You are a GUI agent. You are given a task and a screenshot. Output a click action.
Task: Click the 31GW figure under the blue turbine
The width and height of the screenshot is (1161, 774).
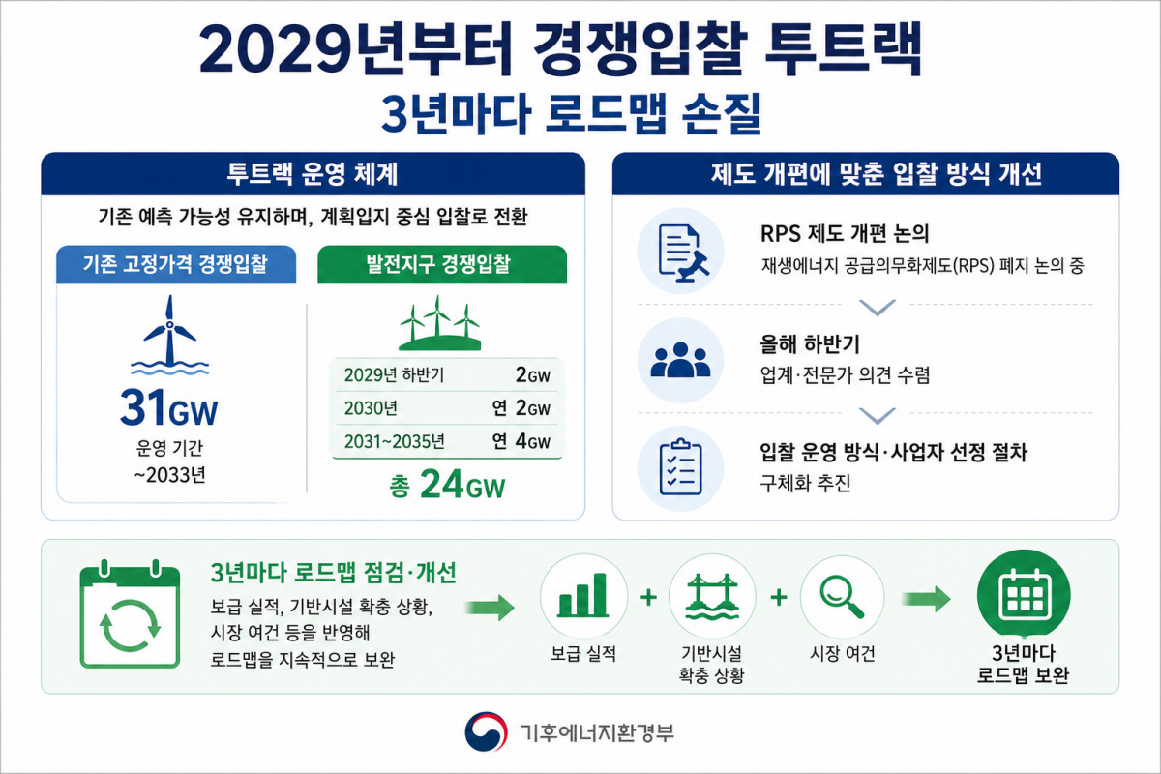coord(169,407)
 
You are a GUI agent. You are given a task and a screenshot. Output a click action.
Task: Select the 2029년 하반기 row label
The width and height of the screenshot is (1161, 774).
coord(394,374)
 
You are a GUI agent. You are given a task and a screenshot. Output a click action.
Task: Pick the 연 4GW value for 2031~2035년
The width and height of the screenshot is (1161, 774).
coord(521,441)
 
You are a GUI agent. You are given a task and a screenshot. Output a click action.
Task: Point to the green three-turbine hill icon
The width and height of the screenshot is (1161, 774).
coord(439,323)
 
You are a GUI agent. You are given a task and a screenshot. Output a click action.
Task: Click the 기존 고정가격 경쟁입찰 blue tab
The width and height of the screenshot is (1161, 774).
coord(176,264)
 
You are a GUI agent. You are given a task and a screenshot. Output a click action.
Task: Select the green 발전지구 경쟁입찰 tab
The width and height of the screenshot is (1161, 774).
coord(442,264)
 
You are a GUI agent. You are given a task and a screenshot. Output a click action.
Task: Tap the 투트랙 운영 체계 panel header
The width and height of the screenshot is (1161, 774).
coord(313,174)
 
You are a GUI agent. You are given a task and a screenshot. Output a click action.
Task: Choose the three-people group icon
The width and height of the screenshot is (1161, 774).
coord(680,360)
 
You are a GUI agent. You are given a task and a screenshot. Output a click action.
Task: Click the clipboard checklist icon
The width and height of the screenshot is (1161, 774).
coord(681,467)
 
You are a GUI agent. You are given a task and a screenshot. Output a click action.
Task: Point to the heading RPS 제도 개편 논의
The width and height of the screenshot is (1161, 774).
coord(845,234)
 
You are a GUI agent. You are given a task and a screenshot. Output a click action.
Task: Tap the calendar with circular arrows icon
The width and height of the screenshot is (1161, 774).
coord(130,613)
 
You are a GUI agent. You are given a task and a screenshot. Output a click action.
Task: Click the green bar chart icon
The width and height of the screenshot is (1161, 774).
coord(583,595)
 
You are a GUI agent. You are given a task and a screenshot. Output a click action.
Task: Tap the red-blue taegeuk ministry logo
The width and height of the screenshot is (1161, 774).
coord(486,731)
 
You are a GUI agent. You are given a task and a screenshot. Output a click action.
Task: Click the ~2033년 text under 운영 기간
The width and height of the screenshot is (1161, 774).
coord(170,475)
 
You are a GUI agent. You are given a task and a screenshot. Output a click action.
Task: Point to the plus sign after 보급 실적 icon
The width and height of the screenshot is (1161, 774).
coord(648,597)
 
